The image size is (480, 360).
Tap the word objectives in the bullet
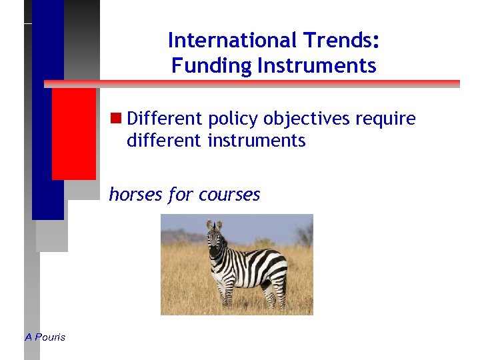click(x=307, y=119)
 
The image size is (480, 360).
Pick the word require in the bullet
click(x=386, y=120)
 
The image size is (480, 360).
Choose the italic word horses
click(x=135, y=194)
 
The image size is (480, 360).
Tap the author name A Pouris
click(x=45, y=337)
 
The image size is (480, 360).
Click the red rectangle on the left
click(x=73, y=133)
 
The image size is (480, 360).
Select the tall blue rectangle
click(x=48, y=113)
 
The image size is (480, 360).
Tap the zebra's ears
click(x=214, y=225)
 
